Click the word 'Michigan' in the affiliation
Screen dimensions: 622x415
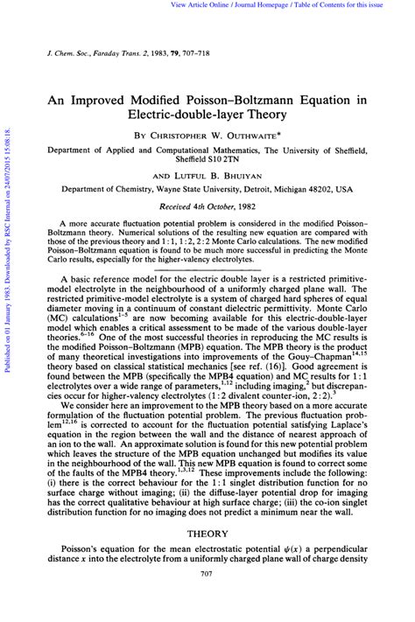click(309, 189)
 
